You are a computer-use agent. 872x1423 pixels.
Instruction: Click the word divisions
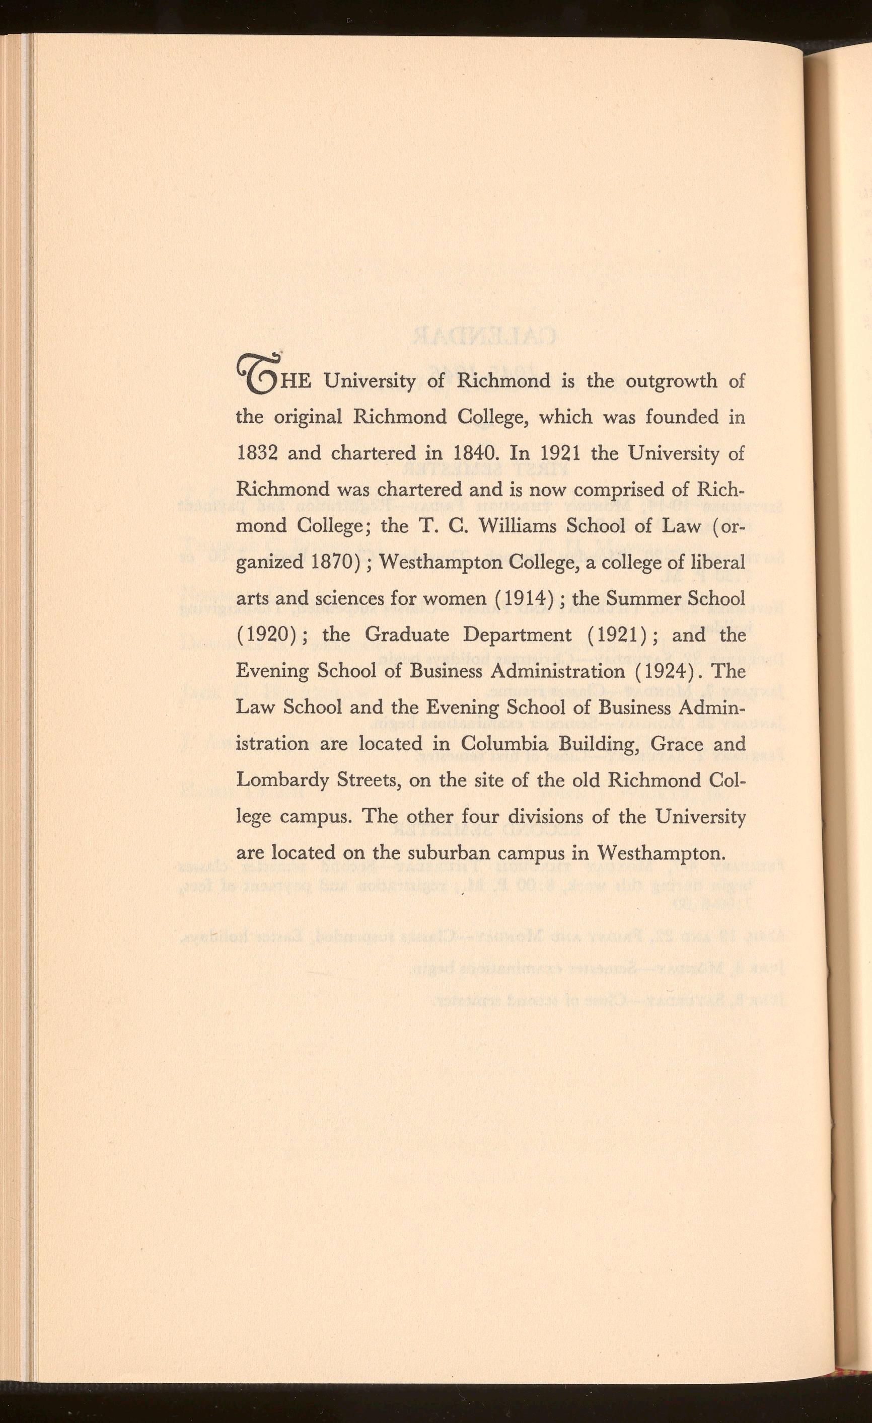point(560,817)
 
